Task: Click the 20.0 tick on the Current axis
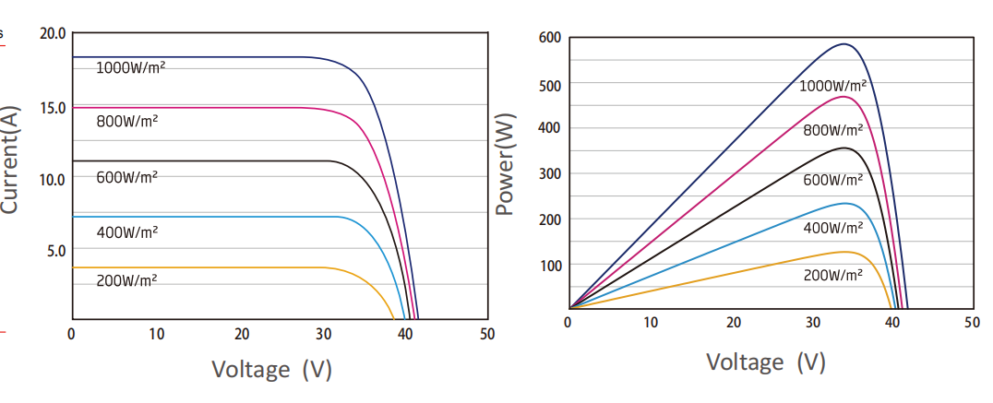tap(53, 34)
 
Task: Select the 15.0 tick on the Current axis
tap(53, 108)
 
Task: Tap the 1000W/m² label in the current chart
tap(130, 67)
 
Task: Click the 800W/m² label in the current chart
tap(126, 121)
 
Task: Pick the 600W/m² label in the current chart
tap(126, 176)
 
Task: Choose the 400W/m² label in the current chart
tap(126, 232)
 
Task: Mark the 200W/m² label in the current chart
tap(126, 280)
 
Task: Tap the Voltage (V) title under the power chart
tap(765, 362)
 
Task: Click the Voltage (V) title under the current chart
tap(271, 370)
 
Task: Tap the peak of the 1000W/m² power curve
tap(843, 43)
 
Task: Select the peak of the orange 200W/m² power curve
tap(843, 252)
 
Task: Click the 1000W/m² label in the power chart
tap(832, 86)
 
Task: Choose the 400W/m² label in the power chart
tap(832, 228)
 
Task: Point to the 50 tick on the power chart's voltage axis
tap(971, 322)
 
